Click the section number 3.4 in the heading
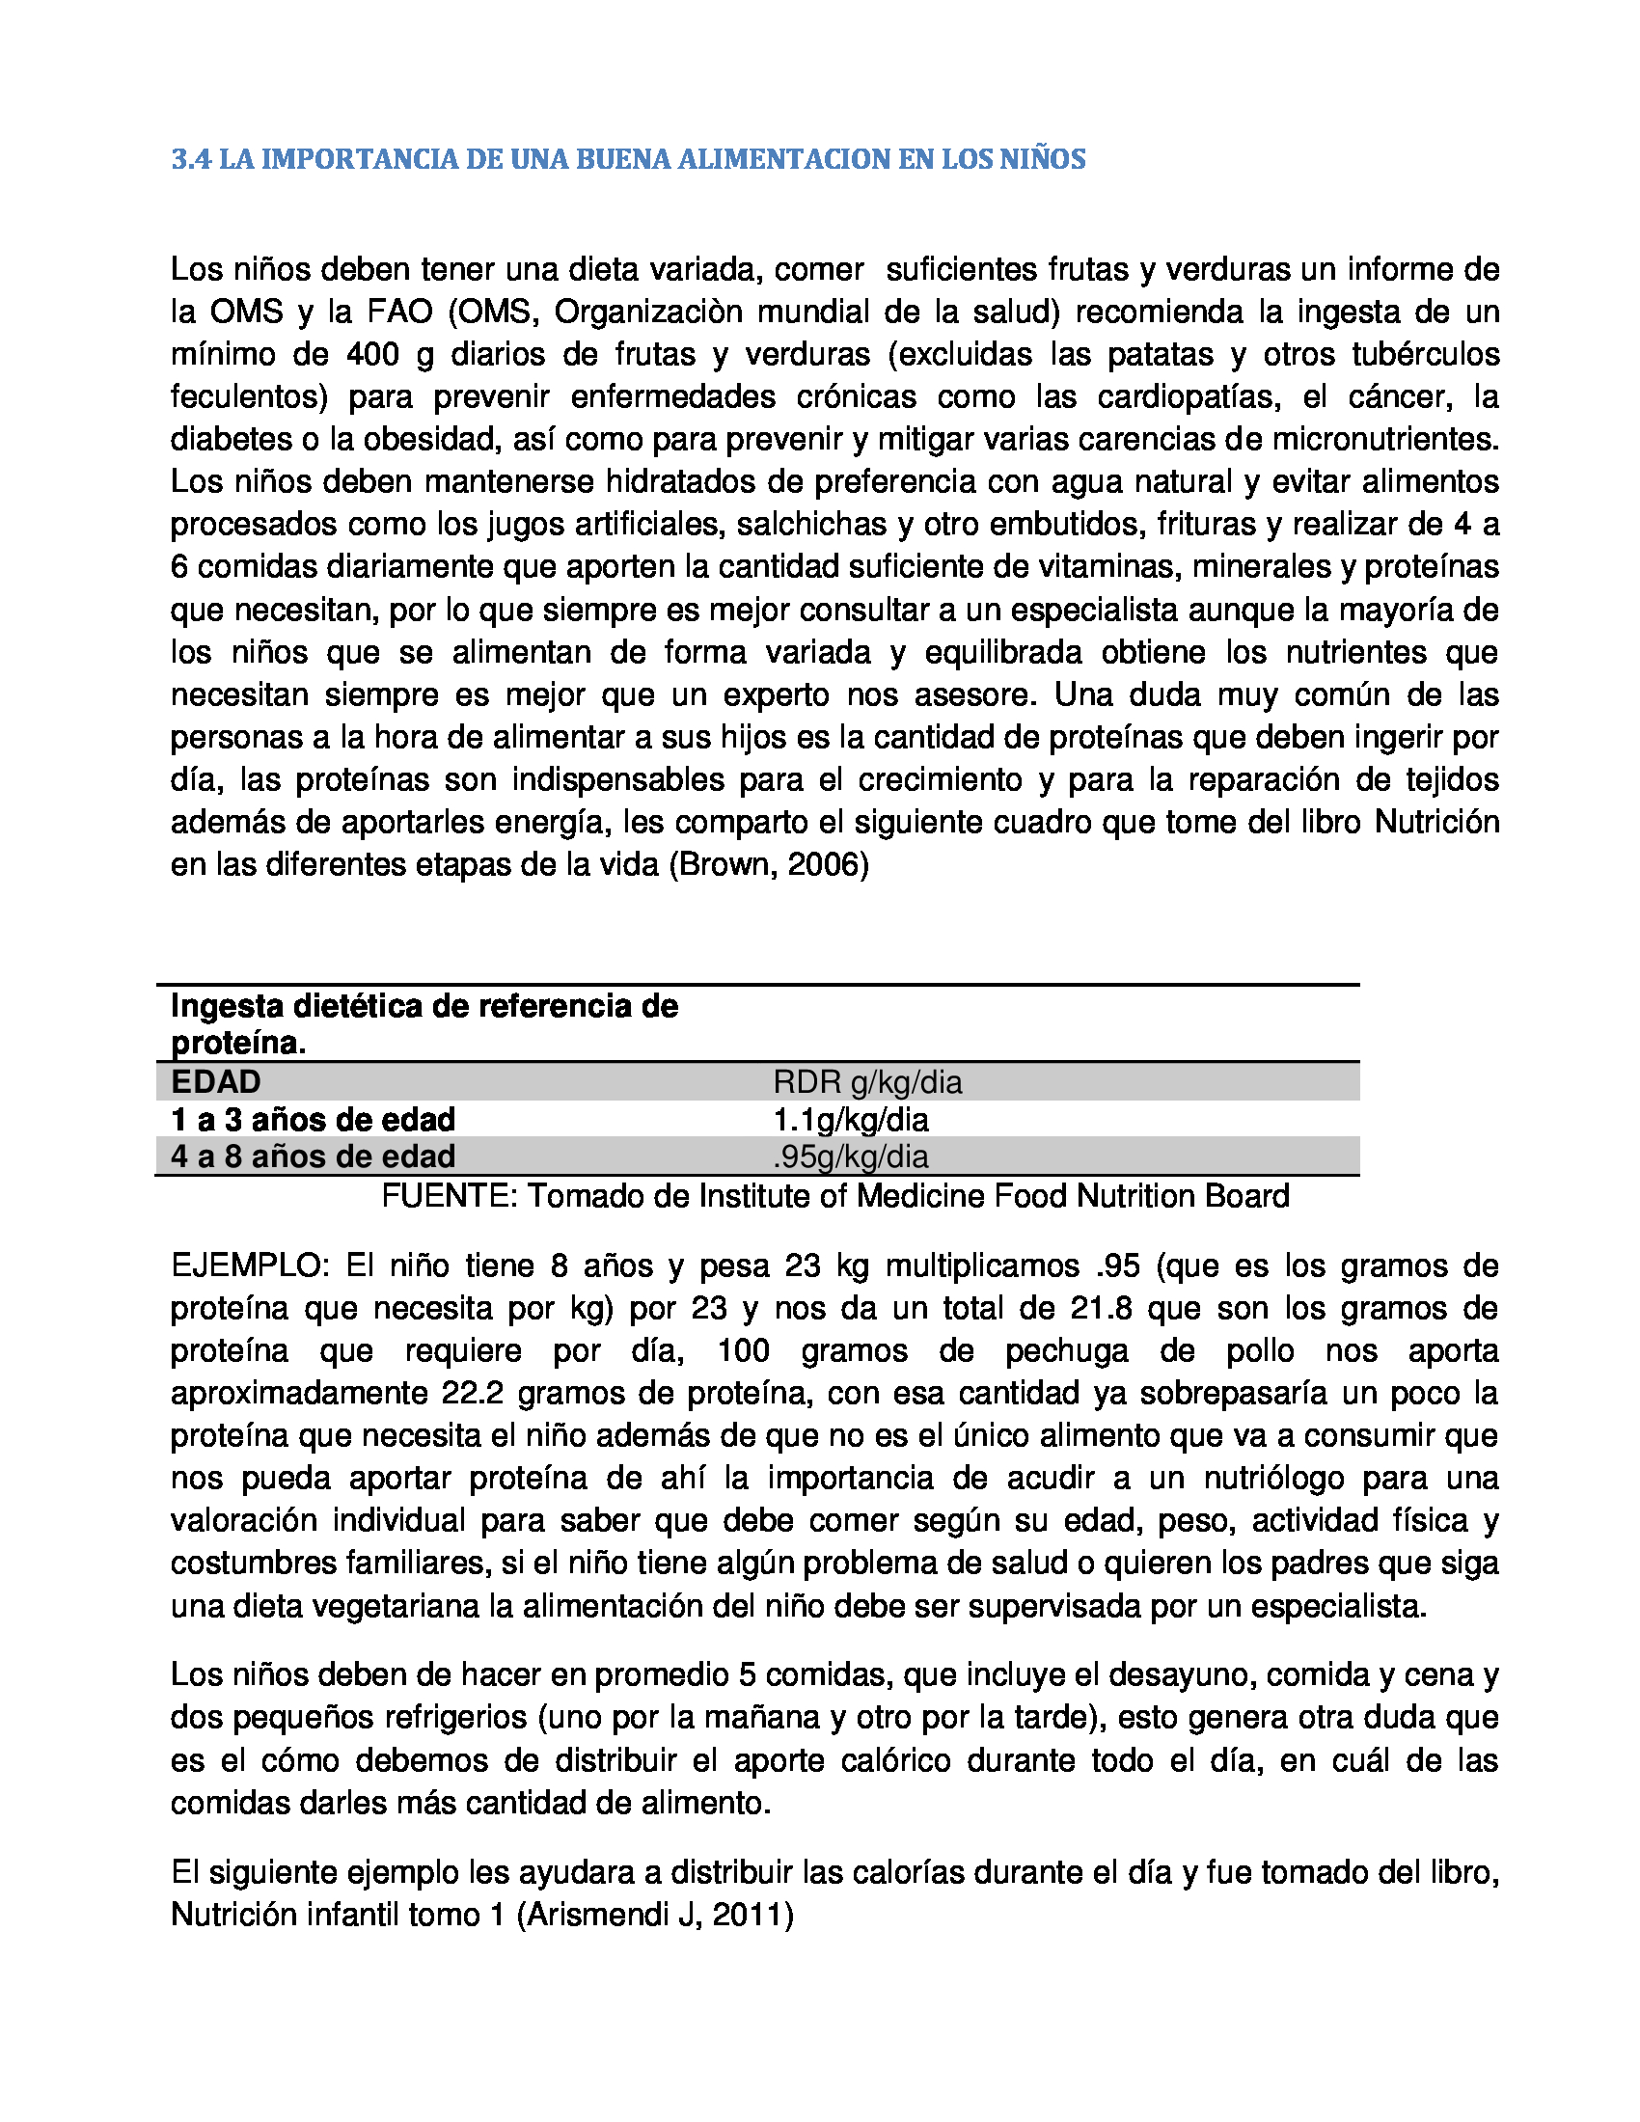pyautogui.click(x=190, y=159)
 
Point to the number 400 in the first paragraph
pyautogui.click(x=372, y=355)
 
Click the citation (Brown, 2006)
pyautogui.click(x=769, y=865)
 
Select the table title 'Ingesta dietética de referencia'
pyautogui.click(x=424, y=1007)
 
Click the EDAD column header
pyautogui.click(x=216, y=1082)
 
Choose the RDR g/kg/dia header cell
pyautogui.click(x=866, y=1082)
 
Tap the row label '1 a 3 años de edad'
pyautogui.click(x=313, y=1120)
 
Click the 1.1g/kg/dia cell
pyautogui.click(x=850, y=1120)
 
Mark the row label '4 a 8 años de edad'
pyautogui.click(x=313, y=1157)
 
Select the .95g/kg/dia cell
pyautogui.click(x=850, y=1157)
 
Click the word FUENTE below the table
pyautogui.click(x=450, y=1196)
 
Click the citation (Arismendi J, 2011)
pyautogui.click(x=655, y=1915)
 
